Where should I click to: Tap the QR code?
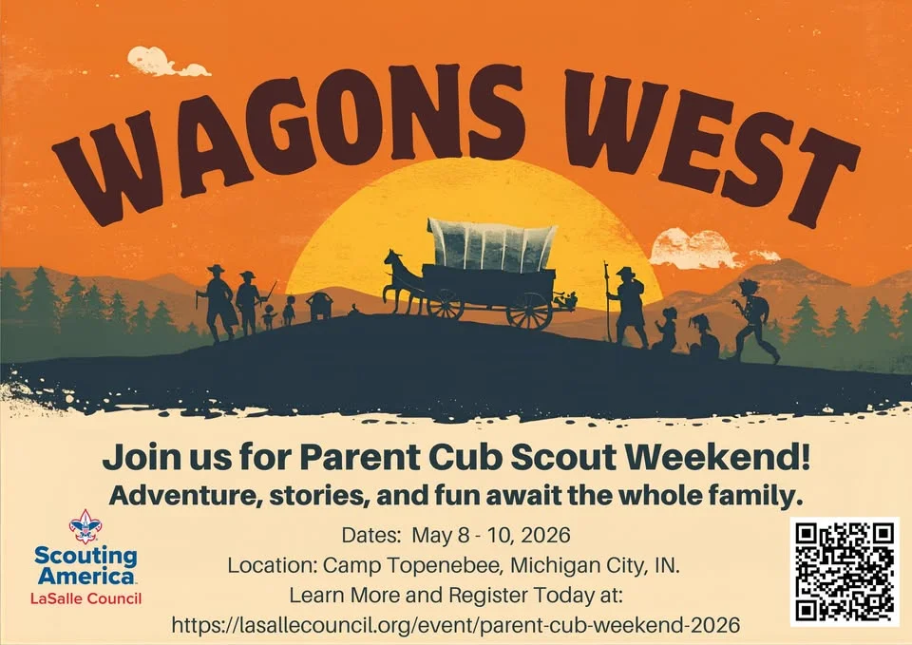(845, 571)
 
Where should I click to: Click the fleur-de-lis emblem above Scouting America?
(85, 526)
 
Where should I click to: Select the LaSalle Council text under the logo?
(86, 598)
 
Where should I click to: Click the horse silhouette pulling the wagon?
(404, 280)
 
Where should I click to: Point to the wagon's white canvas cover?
(490, 245)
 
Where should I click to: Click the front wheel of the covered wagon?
(445, 304)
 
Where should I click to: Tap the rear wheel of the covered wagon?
(528, 310)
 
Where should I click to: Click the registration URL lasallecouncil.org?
(455, 625)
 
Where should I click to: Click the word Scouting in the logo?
(85, 556)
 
